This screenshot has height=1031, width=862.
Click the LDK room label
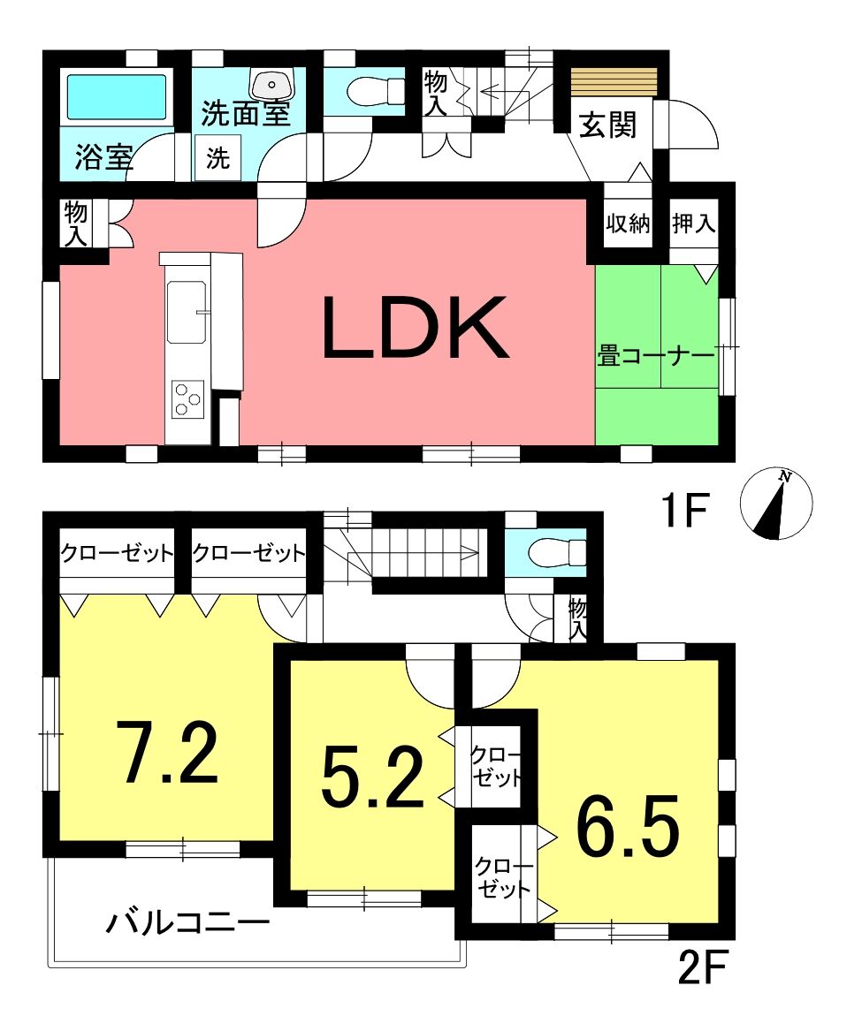tap(416, 328)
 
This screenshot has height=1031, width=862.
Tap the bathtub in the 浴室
tap(117, 96)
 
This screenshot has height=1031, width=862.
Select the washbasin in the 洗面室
tap(271, 84)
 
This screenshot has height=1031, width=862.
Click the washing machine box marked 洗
tap(217, 157)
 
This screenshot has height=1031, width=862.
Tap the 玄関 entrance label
tap(608, 125)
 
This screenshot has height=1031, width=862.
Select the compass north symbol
tap(776, 503)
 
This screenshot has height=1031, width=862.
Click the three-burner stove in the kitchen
tap(187, 399)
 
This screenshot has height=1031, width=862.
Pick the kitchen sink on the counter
tap(187, 312)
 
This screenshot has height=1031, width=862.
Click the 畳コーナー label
tap(655, 356)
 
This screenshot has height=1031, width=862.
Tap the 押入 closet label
tap(693, 224)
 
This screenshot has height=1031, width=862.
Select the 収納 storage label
tap(628, 224)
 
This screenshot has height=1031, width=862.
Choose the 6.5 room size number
tap(627, 826)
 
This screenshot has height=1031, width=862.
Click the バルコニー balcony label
tap(188, 923)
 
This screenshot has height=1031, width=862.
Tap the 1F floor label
tap(684, 511)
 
